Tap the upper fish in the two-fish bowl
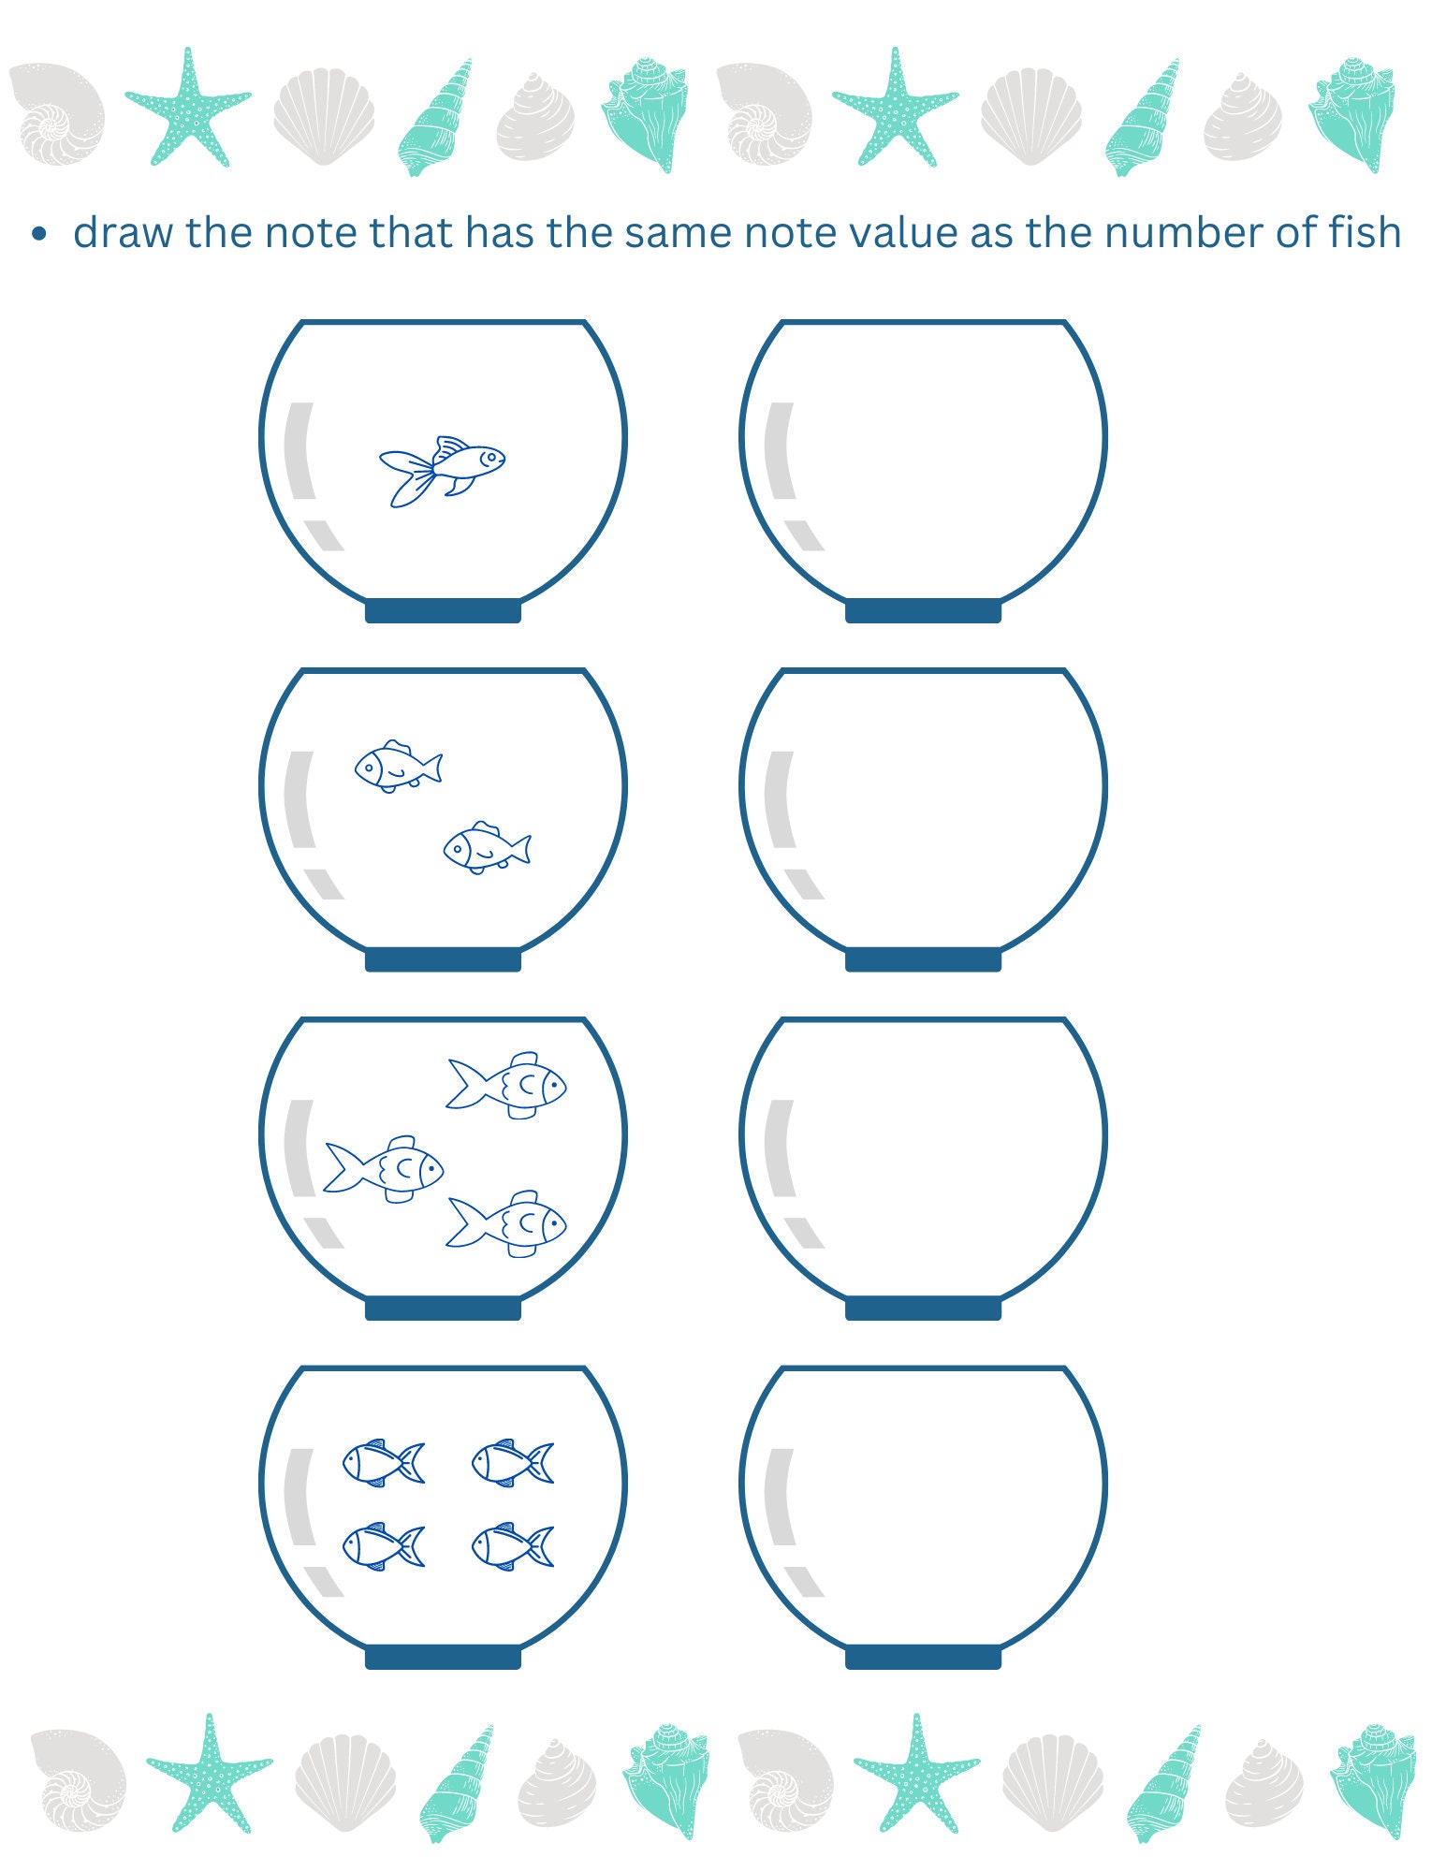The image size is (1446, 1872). tap(398, 767)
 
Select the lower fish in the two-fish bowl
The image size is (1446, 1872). tap(487, 848)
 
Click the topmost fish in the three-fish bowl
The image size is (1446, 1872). tap(507, 1085)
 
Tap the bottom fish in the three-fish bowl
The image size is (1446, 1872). tap(507, 1223)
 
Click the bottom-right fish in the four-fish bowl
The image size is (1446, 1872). tap(513, 1545)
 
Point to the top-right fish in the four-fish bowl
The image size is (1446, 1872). tap(513, 1462)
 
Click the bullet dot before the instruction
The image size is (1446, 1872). tap(38, 234)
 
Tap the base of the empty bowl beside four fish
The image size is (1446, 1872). tap(923, 1658)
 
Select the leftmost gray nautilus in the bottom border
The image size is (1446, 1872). tap(78, 1777)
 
